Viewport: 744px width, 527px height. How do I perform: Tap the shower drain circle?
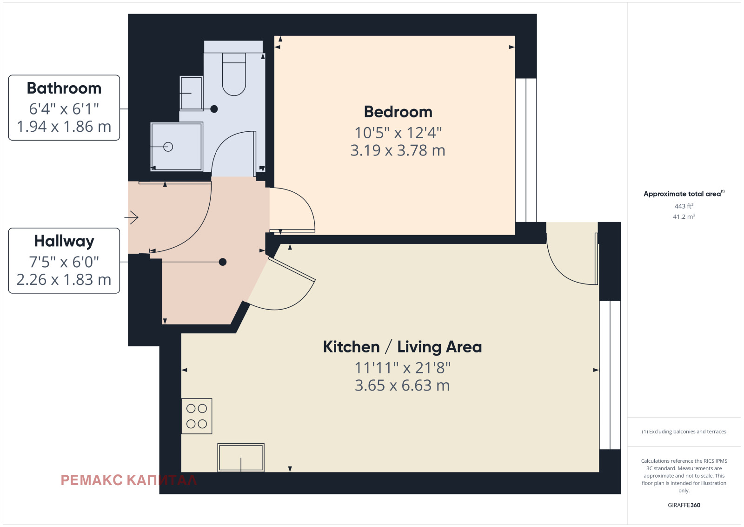(168, 147)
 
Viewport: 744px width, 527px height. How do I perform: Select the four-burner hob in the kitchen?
(197, 416)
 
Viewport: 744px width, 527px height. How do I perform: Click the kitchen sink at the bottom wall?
(241, 458)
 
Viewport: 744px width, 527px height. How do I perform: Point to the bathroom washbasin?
(191, 94)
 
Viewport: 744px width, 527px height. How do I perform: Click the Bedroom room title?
(398, 112)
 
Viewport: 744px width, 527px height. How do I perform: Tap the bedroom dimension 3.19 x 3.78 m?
(398, 150)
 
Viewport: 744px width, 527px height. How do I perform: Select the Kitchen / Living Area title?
(402, 347)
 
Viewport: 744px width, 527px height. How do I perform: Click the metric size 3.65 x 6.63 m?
(402, 385)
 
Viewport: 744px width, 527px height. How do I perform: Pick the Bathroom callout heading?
(64, 88)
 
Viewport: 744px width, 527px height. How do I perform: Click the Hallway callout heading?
(64, 242)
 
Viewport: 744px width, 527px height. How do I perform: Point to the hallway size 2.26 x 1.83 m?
(64, 280)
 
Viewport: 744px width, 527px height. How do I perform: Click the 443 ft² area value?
(684, 206)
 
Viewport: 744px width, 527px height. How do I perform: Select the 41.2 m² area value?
(684, 216)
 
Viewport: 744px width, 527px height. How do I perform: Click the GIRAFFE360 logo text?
(684, 505)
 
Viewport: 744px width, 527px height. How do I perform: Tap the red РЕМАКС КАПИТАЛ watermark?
(128, 480)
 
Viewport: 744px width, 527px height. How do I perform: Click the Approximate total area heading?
(684, 194)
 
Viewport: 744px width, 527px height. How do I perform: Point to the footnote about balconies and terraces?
(684, 432)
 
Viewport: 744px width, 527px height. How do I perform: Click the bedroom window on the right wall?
(526, 150)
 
